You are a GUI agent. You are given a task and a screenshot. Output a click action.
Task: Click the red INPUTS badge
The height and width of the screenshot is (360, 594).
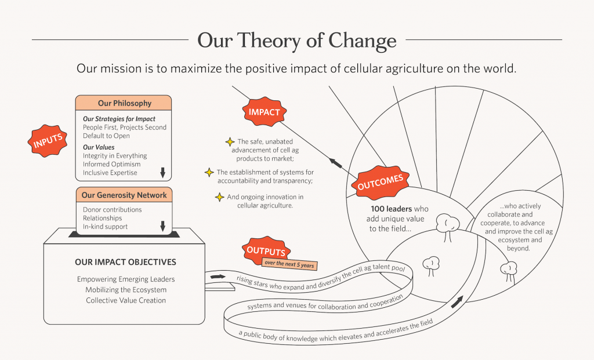coord(48,141)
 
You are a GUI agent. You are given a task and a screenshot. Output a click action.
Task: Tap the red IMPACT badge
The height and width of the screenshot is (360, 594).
coord(265,112)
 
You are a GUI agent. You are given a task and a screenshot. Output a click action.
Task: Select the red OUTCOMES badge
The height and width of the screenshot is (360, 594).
coord(381,183)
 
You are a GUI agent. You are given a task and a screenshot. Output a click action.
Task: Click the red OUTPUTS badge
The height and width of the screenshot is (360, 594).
coord(266,250)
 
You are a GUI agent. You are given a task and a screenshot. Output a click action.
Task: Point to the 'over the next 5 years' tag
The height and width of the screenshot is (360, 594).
coord(289,264)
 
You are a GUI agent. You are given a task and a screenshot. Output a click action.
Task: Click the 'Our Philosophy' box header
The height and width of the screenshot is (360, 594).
coord(124,103)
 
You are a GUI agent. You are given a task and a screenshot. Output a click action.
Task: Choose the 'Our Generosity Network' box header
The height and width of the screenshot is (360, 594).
coord(124,195)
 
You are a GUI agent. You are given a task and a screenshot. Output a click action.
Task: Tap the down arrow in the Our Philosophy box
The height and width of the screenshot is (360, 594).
coord(163,173)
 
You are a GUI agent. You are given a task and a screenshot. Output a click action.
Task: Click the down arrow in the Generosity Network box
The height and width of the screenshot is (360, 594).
coord(163,226)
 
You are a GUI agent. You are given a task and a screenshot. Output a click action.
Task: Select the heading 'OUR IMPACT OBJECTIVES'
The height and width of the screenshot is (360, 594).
coord(125,262)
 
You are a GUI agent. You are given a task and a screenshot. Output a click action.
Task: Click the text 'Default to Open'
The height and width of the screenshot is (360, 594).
coord(106,136)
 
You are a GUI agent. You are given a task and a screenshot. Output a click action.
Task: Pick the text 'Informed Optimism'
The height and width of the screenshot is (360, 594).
coord(112,164)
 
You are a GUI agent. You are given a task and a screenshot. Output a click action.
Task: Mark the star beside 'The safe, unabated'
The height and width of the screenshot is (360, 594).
coord(230,142)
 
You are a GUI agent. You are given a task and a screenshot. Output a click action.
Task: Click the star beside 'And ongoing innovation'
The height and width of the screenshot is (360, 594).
coord(220,197)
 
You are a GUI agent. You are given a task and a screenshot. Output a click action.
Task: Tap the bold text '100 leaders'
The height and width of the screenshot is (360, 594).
coord(392,209)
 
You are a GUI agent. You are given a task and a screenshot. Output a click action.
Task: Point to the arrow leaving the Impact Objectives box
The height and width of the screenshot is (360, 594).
coord(218,277)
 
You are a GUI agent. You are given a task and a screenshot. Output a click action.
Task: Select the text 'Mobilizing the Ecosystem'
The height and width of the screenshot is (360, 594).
coord(126,290)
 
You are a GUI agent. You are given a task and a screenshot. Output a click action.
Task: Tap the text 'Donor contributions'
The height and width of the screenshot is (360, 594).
coord(112,210)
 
